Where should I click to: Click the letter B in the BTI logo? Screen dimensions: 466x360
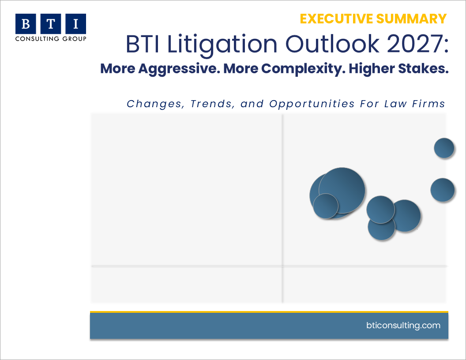(x=26, y=24)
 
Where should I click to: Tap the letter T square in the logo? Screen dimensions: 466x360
(x=51, y=24)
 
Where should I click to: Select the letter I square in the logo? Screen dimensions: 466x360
(x=76, y=24)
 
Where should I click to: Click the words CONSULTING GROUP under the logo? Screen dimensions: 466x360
(x=51, y=39)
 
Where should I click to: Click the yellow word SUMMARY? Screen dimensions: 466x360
(x=411, y=19)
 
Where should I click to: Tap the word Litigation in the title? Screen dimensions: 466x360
(x=222, y=45)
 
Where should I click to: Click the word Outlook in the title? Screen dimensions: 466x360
(x=332, y=44)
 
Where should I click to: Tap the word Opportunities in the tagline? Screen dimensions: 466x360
(x=312, y=104)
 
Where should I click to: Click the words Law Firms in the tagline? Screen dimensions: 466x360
(x=414, y=104)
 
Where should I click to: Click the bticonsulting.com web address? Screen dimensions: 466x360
(x=403, y=326)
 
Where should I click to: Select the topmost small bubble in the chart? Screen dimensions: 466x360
(x=444, y=148)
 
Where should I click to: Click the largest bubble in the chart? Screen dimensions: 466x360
(x=342, y=191)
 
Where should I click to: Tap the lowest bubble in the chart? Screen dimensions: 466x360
(x=382, y=227)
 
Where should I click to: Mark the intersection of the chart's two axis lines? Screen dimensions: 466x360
(x=282, y=266)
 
